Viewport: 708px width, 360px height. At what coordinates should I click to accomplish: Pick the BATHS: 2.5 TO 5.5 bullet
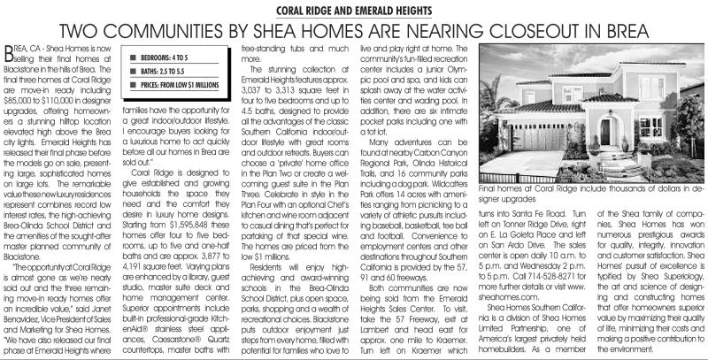pyautogui.click(x=160, y=70)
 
